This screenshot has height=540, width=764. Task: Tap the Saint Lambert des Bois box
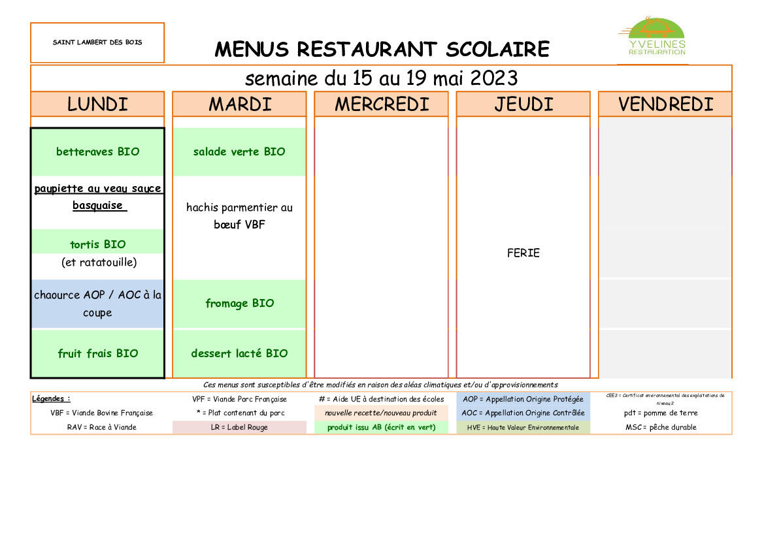(x=97, y=42)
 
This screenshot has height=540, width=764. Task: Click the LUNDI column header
(x=97, y=104)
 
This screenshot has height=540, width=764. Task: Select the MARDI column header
(x=239, y=104)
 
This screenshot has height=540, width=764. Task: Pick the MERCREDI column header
(x=382, y=104)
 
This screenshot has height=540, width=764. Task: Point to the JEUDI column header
(x=523, y=104)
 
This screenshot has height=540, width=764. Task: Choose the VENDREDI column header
(x=665, y=104)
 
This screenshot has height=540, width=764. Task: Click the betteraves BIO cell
(x=97, y=151)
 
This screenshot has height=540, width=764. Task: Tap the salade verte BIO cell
(x=239, y=151)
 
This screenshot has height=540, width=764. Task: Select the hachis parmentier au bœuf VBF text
(x=239, y=216)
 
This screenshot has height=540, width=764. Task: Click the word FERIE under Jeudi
(x=523, y=253)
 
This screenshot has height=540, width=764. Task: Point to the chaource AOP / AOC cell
(x=97, y=304)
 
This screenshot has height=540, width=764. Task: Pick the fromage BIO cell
(x=239, y=304)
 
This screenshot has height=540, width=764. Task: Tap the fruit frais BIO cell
(x=97, y=353)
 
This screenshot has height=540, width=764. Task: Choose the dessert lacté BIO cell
(x=239, y=353)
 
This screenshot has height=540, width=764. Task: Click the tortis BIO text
(x=97, y=244)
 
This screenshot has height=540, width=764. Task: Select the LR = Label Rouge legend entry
(x=239, y=428)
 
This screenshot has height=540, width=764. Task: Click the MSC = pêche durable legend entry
(x=665, y=428)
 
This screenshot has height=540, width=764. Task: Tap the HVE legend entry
(x=523, y=428)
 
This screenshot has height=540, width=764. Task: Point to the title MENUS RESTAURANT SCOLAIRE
(x=382, y=49)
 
